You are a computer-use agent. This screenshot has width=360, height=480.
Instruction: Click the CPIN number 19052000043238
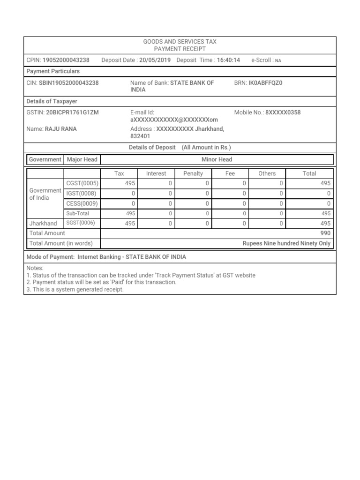66,60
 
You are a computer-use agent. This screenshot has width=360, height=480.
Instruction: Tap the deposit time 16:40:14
228,60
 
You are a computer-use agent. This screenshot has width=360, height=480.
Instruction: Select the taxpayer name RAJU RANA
60,129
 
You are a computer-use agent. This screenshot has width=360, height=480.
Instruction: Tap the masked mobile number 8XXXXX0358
283,112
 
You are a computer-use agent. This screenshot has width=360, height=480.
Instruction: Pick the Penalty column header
193,173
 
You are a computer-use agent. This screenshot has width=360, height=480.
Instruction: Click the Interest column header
156,173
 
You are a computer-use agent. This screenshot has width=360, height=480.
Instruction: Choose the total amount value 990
325,233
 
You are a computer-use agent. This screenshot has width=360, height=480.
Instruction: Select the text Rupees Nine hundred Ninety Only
286,243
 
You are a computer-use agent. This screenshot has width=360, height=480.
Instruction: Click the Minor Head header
217,159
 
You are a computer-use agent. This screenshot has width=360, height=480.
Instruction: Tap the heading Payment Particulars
53,71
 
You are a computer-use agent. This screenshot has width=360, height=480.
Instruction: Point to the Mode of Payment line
106,257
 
